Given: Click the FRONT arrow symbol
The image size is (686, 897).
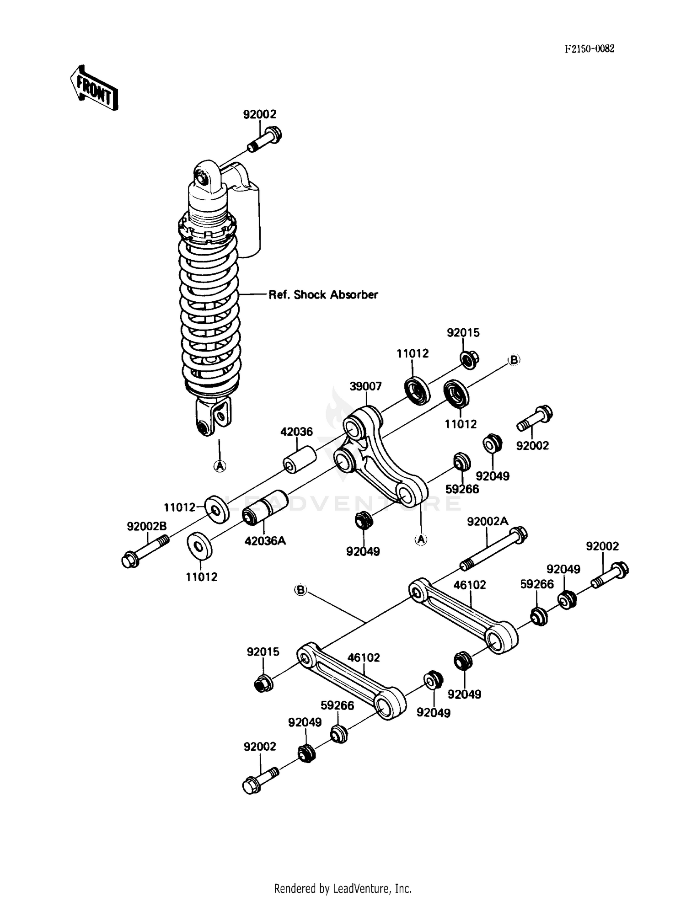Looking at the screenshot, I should [94, 88].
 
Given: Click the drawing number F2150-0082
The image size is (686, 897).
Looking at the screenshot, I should [589, 49].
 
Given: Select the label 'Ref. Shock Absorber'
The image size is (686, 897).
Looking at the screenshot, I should [323, 295].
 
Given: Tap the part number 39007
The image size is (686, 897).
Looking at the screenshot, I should [365, 386].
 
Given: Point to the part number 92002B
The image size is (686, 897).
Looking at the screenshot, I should [147, 527].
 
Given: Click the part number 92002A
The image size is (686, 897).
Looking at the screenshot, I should [487, 522].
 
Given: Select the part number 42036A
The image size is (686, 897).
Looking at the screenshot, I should [265, 541].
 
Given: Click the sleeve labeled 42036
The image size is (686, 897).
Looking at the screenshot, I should [300, 459].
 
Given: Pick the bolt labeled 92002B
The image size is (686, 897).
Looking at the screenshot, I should [145, 550].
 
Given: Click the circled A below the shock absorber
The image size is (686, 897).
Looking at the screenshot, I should [220, 466].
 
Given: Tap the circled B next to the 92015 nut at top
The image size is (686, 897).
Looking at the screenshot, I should [514, 360].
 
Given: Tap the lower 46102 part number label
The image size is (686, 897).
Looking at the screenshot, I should [364, 657].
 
